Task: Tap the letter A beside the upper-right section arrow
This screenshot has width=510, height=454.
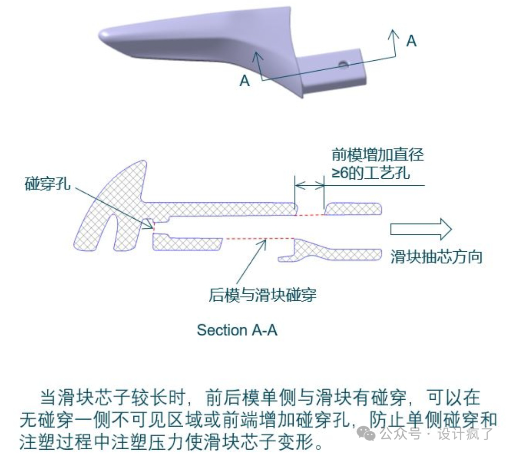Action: (412, 41)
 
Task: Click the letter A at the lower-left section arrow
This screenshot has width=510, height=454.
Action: (245, 81)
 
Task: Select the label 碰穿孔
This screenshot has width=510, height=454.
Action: (48, 184)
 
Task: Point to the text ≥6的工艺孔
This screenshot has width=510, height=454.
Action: (370, 173)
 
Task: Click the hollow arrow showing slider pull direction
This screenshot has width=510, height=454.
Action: (421, 229)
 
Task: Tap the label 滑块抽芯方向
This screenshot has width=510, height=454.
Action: (436, 257)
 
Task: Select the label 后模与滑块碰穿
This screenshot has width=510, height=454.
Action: (263, 296)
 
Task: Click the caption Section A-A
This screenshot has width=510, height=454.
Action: (237, 330)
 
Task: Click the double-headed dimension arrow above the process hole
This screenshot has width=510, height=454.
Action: (309, 185)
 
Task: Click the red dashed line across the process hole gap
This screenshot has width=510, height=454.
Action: (310, 215)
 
